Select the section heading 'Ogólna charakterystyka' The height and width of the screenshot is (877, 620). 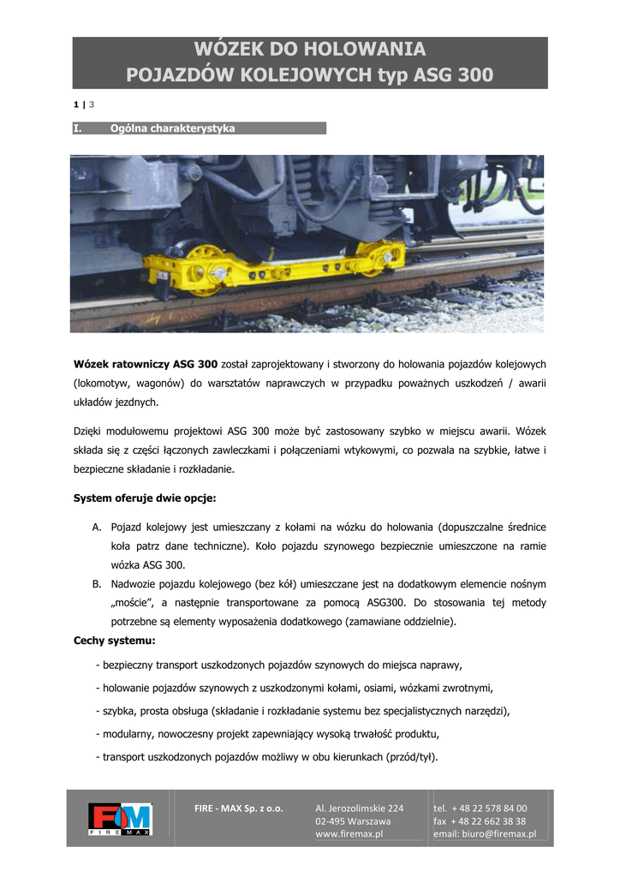pyautogui.click(x=172, y=128)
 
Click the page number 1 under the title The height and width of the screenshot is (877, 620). pyautogui.click(x=75, y=104)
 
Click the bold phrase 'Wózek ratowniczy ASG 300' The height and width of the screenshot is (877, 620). pyautogui.click(x=146, y=364)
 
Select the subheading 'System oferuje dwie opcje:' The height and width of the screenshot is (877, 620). pyautogui.click(x=145, y=498)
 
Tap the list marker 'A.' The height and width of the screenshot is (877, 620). pyautogui.click(x=98, y=527)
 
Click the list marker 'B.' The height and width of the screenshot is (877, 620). pyautogui.click(x=98, y=584)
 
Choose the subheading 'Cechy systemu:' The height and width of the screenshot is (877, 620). pyautogui.click(x=114, y=641)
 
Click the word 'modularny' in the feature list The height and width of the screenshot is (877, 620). pyautogui.click(x=131, y=734)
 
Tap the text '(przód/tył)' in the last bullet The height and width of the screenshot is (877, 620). pyautogui.click(x=409, y=757)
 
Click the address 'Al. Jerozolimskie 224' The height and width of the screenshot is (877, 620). pyautogui.click(x=359, y=808)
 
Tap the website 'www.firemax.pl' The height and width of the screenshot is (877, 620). pyautogui.click(x=349, y=833)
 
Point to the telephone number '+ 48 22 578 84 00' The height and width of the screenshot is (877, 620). pyautogui.click(x=490, y=808)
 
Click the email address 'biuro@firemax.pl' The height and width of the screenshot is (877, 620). pyautogui.click(x=499, y=833)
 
